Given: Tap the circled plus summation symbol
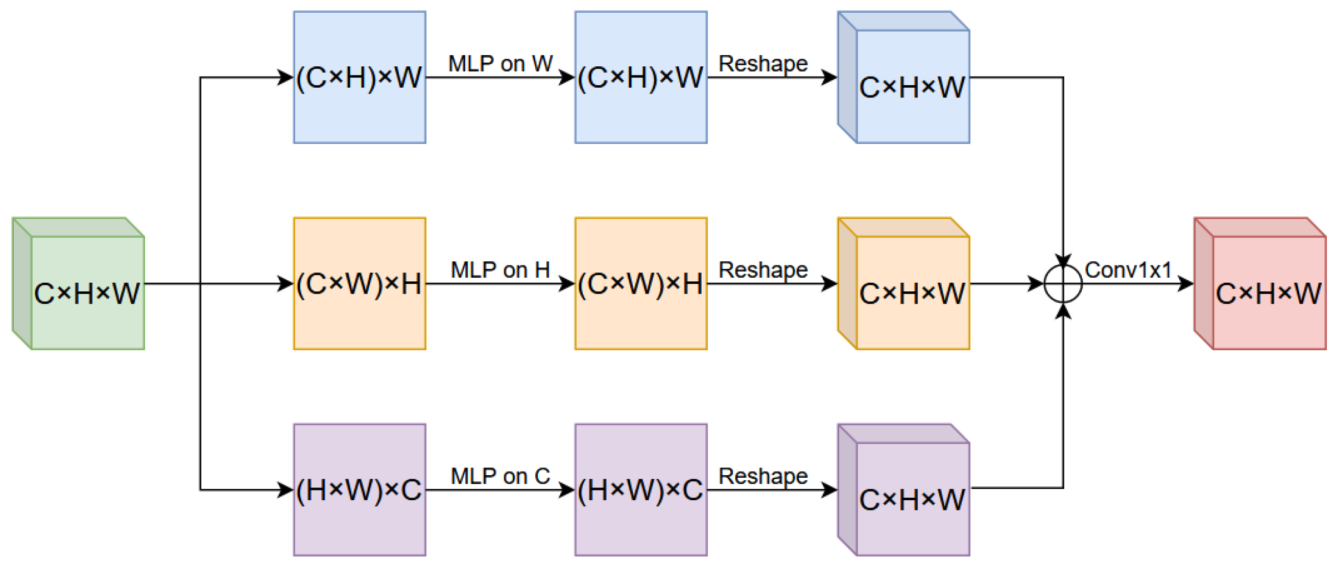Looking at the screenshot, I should coord(1063,284).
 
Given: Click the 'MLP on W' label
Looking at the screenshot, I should coord(500,64).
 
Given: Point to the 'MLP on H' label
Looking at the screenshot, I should coord(500,270).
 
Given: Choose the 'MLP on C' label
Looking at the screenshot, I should coord(500,476).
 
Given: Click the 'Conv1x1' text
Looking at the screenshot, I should coord(1128,270).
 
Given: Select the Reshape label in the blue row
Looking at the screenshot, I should coord(763,64).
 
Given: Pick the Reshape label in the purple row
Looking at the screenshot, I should coord(763,476).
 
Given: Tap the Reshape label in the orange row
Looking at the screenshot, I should coord(763,270).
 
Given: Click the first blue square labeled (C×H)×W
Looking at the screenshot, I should coord(360,77).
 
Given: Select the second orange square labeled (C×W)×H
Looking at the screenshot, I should coord(640,283).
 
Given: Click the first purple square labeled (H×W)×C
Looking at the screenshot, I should coord(360,489).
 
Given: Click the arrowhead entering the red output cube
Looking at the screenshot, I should coord(1186,284).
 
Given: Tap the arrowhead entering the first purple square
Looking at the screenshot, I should coord(286,489).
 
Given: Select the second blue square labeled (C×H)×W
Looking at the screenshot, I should coord(640,77).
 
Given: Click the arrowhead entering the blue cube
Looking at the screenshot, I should coord(830,78).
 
